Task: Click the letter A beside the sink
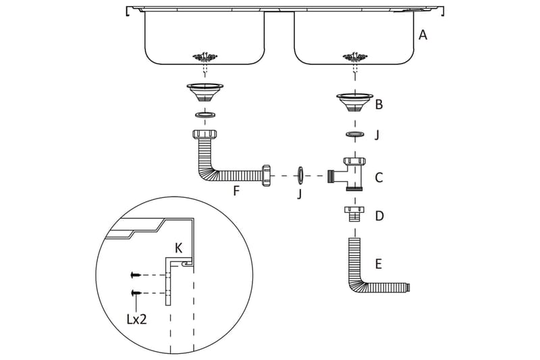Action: point(423,35)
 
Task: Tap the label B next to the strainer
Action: point(379,105)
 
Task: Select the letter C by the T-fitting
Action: point(379,178)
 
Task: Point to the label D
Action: point(379,216)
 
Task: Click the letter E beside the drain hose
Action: point(379,264)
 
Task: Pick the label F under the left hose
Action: point(236,190)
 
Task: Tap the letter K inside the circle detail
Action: point(178,248)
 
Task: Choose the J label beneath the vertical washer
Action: point(299,195)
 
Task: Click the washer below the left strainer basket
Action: point(205,115)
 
